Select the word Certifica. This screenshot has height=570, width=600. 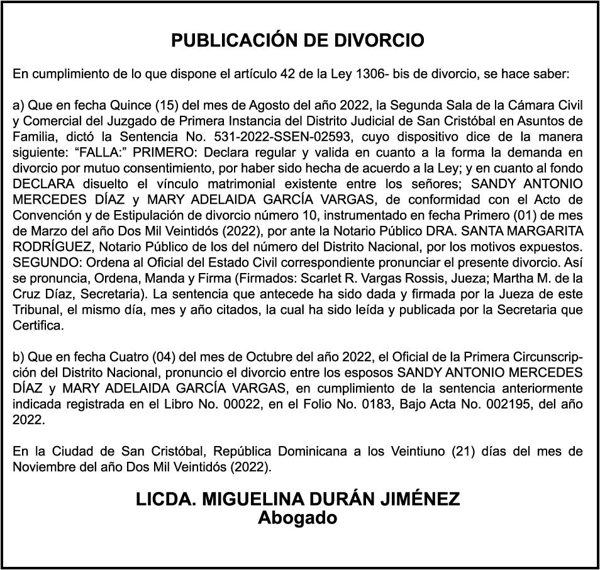coord(38,325)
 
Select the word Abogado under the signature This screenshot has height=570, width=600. coord(297,518)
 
